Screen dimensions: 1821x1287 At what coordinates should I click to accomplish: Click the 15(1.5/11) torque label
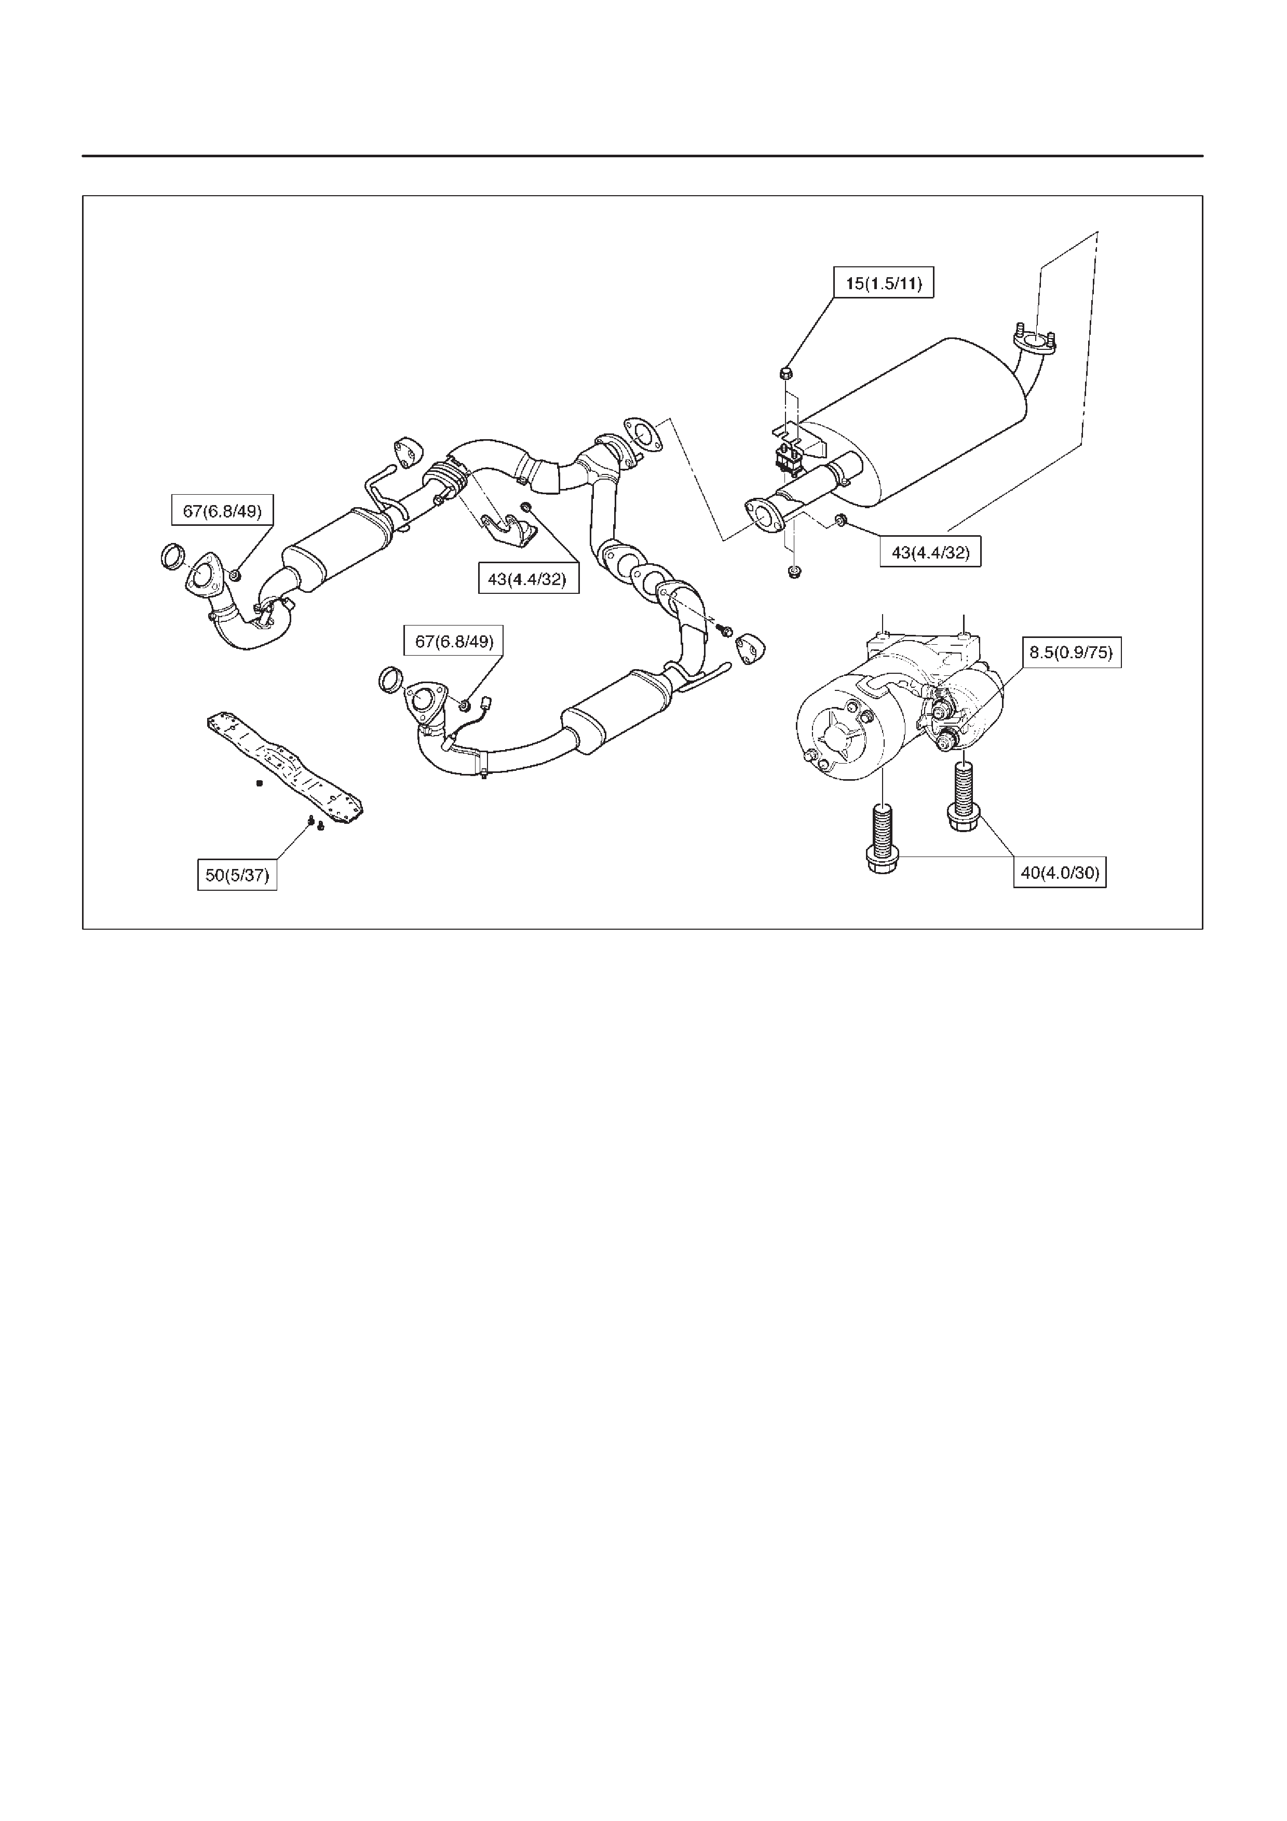(884, 283)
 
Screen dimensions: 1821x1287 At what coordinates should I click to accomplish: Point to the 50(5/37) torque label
(237, 876)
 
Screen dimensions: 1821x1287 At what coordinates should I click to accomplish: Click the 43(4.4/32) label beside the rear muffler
(930, 552)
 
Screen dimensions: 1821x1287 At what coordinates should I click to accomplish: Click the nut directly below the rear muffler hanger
(793, 570)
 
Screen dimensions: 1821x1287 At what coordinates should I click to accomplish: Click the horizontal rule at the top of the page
(642, 156)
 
